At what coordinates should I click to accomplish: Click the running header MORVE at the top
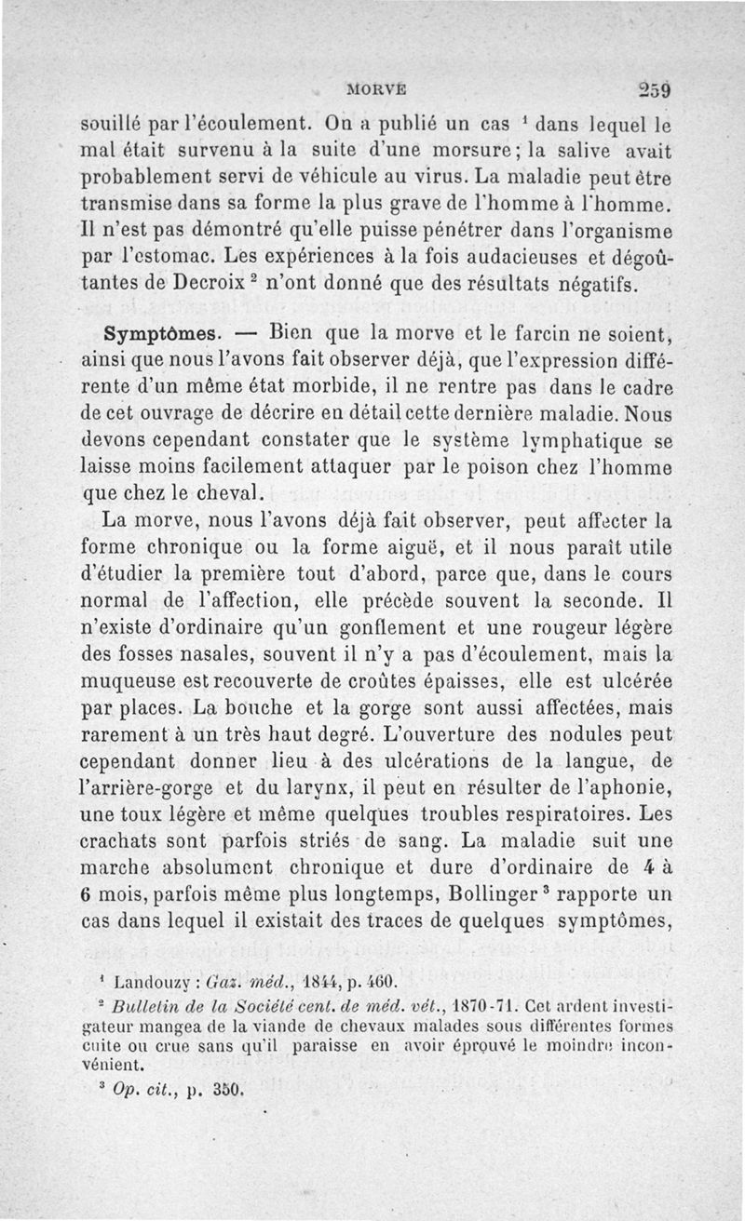click(376, 90)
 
